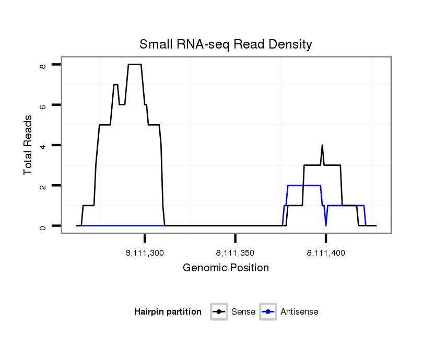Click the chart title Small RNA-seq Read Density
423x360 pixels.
point(226,44)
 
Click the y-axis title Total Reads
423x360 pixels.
point(28,145)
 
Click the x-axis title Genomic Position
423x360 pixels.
point(226,268)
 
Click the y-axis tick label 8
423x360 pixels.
point(43,65)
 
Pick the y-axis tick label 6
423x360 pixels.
point(43,105)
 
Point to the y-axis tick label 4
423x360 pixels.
point(43,145)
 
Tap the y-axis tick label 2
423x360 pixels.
point(43,185)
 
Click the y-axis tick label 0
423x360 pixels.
point(43,226)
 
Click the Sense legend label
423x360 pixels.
point(244,312)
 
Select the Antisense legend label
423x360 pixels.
point(299,312)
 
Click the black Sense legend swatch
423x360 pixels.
point(219,312)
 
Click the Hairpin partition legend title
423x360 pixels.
point(168,312)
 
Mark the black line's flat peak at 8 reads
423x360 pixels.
point(135,64)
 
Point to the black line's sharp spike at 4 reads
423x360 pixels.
point(322,146)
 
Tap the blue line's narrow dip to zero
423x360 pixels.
point(326,225)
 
